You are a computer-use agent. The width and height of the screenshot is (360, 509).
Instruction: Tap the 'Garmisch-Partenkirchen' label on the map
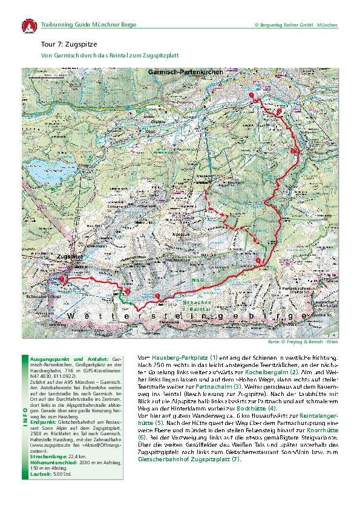pos(185,71)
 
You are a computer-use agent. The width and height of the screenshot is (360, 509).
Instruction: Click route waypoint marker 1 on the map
pos(252,96)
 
